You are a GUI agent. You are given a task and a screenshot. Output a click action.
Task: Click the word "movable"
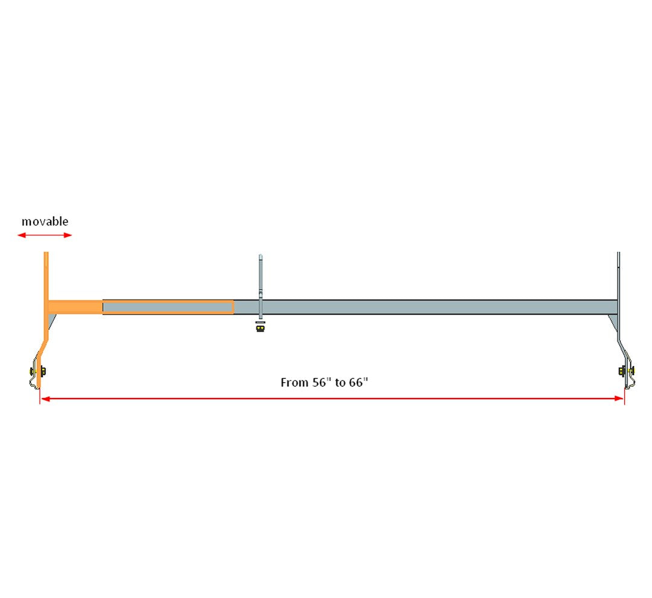45,222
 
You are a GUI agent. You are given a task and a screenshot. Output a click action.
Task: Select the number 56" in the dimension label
323,382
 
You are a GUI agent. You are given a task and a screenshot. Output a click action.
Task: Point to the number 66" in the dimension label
357,382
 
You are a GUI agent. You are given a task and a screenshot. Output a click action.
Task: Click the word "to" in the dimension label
340,383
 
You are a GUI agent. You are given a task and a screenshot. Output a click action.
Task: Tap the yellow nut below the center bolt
260,330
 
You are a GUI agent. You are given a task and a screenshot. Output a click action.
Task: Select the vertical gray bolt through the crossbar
260,284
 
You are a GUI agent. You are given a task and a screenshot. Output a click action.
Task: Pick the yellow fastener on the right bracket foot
622,370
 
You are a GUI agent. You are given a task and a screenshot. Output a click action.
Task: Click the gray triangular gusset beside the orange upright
51,322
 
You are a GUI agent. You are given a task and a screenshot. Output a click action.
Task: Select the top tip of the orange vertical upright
45,254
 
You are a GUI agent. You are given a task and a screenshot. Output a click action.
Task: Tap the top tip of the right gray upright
618,254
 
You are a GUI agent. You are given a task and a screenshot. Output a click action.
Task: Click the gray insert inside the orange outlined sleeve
168,307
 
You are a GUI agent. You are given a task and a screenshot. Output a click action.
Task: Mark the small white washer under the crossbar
260,323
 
